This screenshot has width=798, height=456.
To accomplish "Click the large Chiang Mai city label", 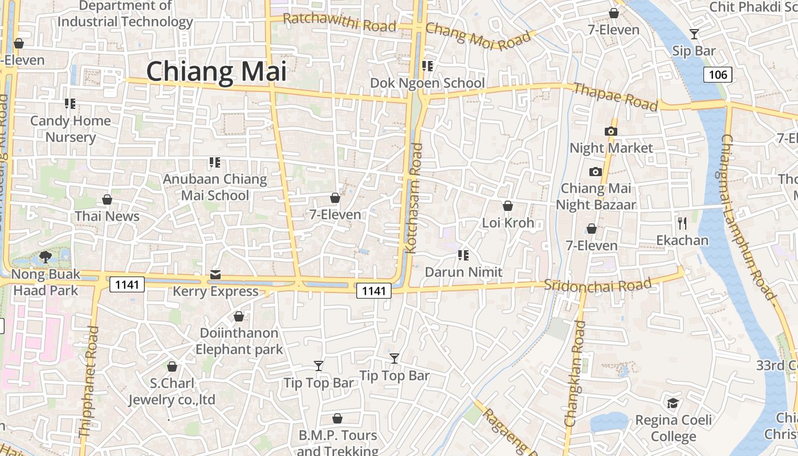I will coord(216,72).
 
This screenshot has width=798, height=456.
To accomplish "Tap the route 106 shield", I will coord(717,74).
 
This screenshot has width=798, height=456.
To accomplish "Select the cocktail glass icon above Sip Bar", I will coord(694,34).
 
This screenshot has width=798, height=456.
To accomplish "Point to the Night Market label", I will coord(611,148).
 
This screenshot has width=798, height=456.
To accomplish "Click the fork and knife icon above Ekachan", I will coord(682,223).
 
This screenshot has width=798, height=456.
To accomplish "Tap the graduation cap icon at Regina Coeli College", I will coord(673,404).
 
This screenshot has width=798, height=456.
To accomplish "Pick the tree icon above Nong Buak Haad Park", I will coord(46,257).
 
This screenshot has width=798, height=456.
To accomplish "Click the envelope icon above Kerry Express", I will coord(215,275).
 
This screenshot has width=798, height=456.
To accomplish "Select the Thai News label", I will coord(107,217).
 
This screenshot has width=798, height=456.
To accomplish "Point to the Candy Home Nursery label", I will coord(71,129).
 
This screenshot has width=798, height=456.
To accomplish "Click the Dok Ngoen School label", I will coord(427,83).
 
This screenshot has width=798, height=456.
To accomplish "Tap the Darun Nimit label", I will coord(464,272).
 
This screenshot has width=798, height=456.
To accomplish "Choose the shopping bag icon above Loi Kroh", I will coord(508,206).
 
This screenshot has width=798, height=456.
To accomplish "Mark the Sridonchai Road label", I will coord(597,284).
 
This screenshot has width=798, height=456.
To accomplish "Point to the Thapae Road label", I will coord(616,97).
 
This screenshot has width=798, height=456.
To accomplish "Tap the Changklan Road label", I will coord(575,374).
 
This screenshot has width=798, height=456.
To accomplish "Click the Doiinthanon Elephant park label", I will coord(239,341).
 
